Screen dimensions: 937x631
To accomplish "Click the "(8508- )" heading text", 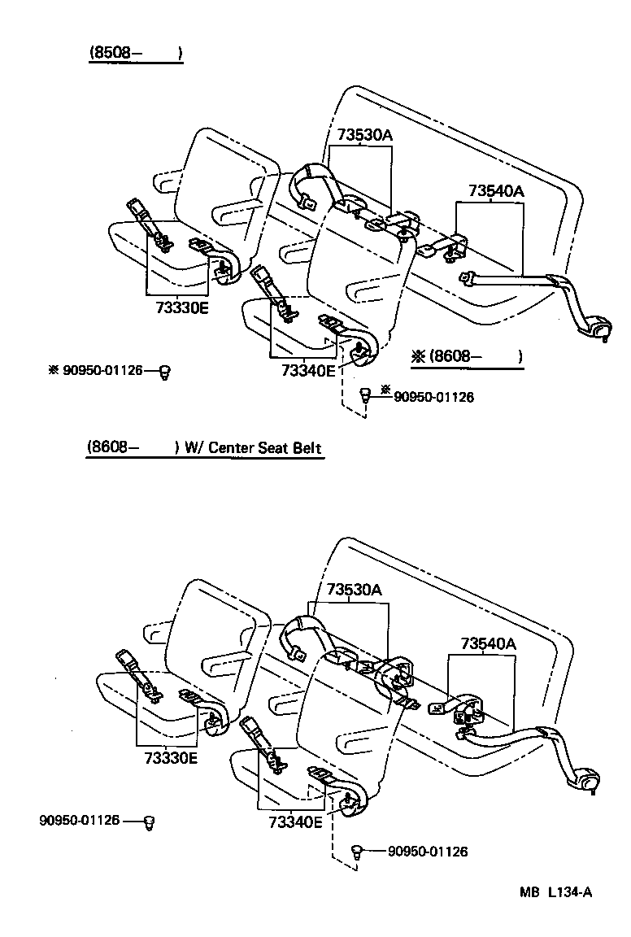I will pyautogui.click(x=135, y=54).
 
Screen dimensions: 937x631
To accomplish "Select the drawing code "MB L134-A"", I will pyautogui.click(x=556, y=891).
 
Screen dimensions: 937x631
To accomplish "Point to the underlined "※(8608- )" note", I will pyautogui.click(x=465, y=356).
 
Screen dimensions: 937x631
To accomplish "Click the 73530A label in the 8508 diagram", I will pyautogui.click(x=360, y=135).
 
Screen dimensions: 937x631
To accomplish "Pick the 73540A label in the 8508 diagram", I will pyautogui.click(x=496, y=192).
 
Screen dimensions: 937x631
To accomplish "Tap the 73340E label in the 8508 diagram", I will pyautogui.click(x=307, y=371).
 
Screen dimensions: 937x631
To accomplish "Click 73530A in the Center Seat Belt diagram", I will pyautogui.click(x=355, y=590).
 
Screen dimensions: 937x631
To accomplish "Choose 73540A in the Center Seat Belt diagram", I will pyautogui.click(x=488, y=643).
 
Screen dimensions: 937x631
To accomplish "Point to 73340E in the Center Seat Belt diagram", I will pyautogui.click(x=295, y=822).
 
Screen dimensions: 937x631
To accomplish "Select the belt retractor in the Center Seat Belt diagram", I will pyautogui.click(x=585, y=782).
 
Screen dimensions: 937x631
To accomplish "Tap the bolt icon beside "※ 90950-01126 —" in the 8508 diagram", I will pyautogui.click(x=165, y=372).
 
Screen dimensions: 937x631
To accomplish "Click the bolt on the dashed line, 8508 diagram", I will pyautogui.click(x=365, y=396).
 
